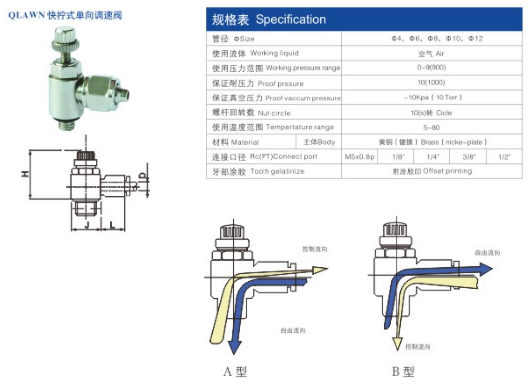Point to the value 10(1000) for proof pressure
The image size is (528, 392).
(x=431, y=83)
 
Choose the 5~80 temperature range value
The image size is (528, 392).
(x=431, y=127)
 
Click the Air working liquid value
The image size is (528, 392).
(x=431, y=53)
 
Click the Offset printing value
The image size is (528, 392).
(x=431, y=171)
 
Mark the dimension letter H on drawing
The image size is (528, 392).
(x=23, y=174)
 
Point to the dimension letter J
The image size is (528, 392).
(x=87, y=225)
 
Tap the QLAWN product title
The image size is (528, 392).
(x=65, y=15)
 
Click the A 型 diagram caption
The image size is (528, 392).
(x=235, y=371)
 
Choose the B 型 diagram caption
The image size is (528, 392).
(x=402, y=371)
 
